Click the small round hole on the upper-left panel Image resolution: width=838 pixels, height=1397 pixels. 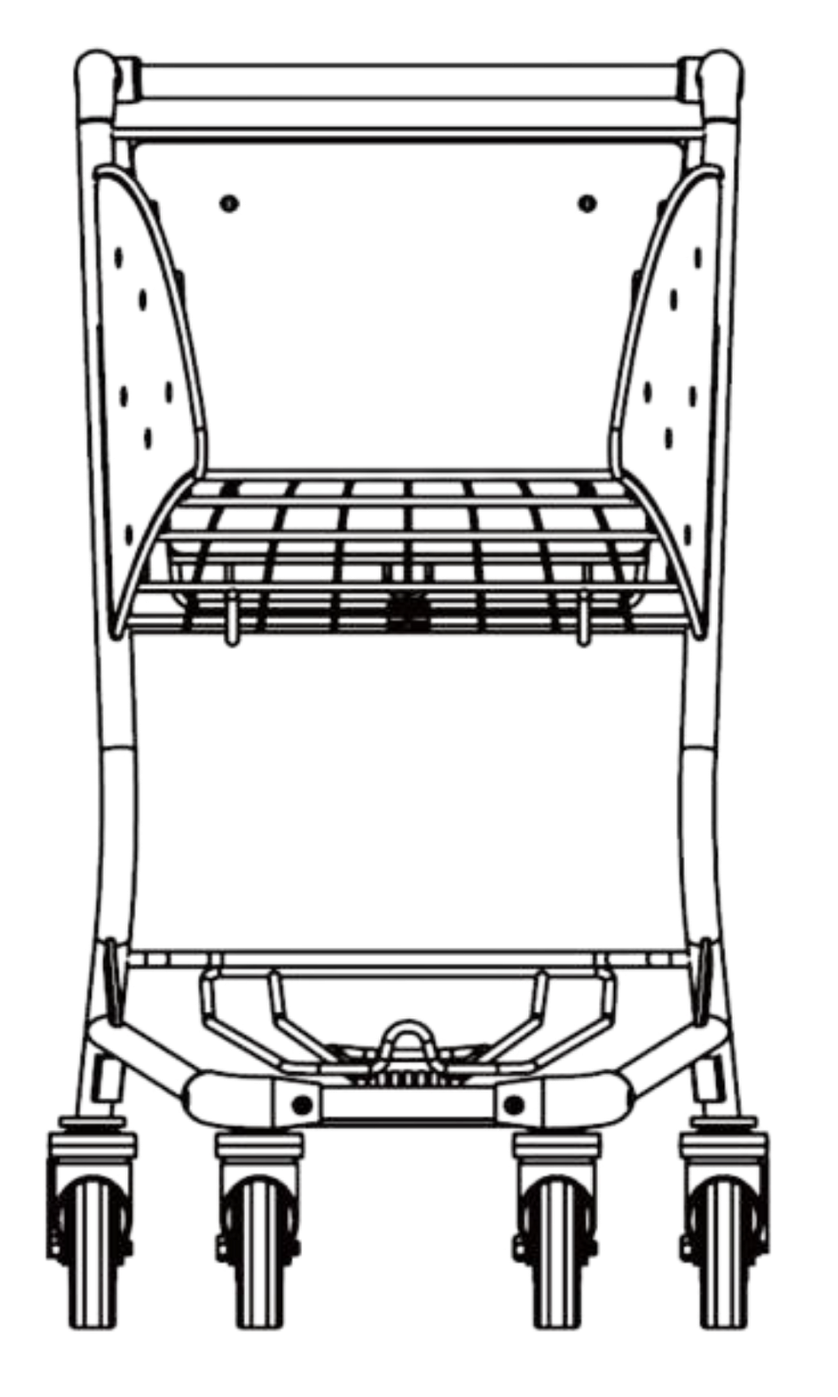click(x=229, y=204)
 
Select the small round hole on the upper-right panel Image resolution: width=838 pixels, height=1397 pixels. click(x=585, y=204)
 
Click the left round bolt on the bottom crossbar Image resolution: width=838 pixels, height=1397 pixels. click(x=301, y=1104)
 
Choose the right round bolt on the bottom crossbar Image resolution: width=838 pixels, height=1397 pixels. click(x=513, y=1104)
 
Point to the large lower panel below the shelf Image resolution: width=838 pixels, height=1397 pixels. click(x=407, y=788)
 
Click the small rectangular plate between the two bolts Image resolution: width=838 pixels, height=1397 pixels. click(x=407, y=1104)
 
